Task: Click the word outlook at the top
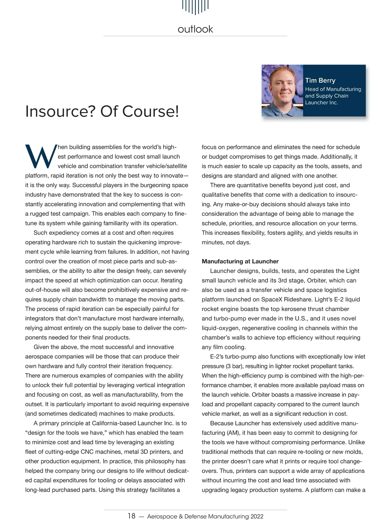point(195,29)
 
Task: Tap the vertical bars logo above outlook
point(195,7)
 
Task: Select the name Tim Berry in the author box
point(320,81)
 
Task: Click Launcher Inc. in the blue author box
point(321,103)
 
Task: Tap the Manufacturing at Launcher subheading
point(240,261)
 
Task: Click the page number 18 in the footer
point(131,516)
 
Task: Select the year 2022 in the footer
point(257,516)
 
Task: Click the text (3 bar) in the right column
point(213,366)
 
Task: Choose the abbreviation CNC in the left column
point(87,452)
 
